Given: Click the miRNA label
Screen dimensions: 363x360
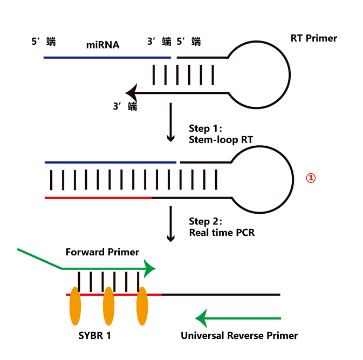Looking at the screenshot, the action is (x=102, y=45).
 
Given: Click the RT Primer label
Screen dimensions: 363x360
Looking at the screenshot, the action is (x=314, y=38).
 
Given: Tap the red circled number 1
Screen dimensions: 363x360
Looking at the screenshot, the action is (x=311, y=178).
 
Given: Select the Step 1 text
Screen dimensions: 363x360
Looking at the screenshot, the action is (x=206, y=128).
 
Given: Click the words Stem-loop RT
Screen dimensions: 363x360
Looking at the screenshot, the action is (x=221, y=140).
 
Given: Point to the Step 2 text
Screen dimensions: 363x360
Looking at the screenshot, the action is (x=206, y=221).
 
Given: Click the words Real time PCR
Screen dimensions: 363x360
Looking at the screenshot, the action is (x=222, y=233).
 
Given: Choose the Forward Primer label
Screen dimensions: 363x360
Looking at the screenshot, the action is (x=102, y=252).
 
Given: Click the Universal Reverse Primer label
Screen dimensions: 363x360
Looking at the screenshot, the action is (x=239, y=336).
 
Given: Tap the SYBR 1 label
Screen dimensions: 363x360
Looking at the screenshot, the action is (x=94, y=336).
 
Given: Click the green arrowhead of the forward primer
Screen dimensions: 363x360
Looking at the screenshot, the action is (x=149, y=269).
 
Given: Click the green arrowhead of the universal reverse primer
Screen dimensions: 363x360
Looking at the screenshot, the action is (x=201, y=318).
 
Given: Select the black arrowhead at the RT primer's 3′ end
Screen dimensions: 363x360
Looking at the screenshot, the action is (x=131, y=93).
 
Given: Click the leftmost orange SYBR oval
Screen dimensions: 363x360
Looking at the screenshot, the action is (x=75, y=306).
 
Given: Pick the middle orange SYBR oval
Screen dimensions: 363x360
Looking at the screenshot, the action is (x=108, y=306).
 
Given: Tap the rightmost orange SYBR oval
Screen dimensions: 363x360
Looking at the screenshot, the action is (x=142, y=306).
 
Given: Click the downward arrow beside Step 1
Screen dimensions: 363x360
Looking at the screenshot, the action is (x=170, y=122).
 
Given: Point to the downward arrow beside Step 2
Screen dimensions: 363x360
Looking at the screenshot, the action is (x=170, y=224).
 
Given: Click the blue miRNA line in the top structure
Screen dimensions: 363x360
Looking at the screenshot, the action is (x=107, y=58).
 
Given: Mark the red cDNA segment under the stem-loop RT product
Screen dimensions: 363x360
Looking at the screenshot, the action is (x=98, y=198).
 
